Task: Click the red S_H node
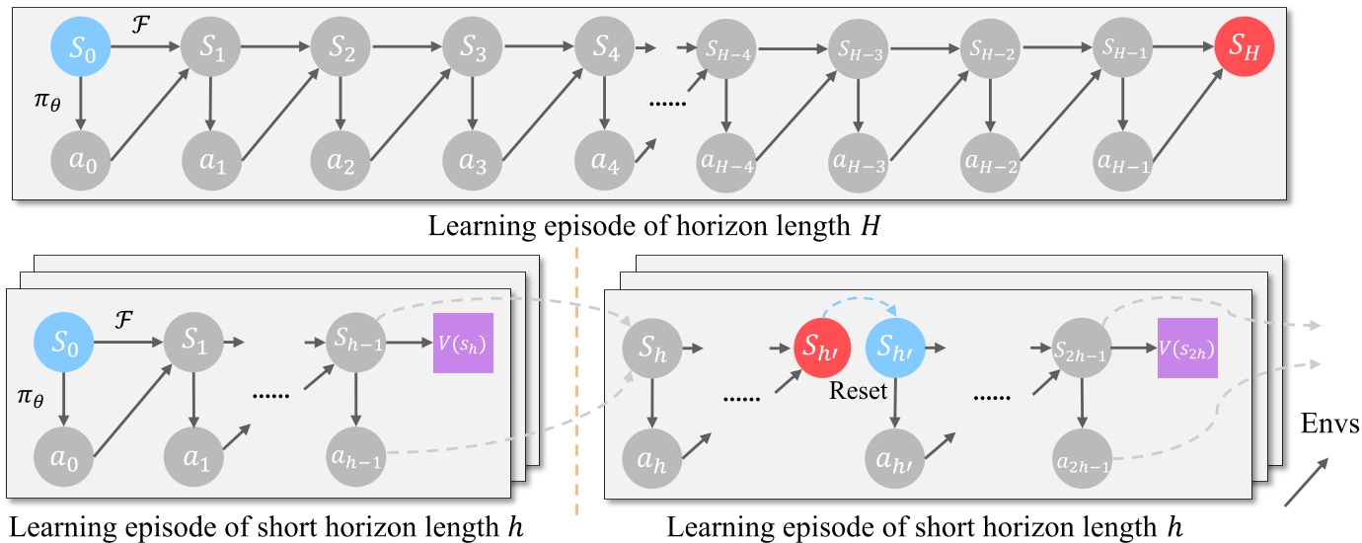pyautogui.click(x=1245, y=45)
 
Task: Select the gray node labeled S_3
pyautogui.click(x=473, y=45)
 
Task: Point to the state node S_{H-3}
pyautogui.click(x=857, y=45)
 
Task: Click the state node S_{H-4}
pyautogui.click(x=726, y=45)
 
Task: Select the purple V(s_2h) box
pyautogui.click(x=1187, y=347)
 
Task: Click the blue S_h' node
pyautogui.click(x=894, y=347)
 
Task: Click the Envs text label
pyautogui.click(x=1328, y=426)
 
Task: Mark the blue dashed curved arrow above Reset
pyautogui.click(x=859, y=301)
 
